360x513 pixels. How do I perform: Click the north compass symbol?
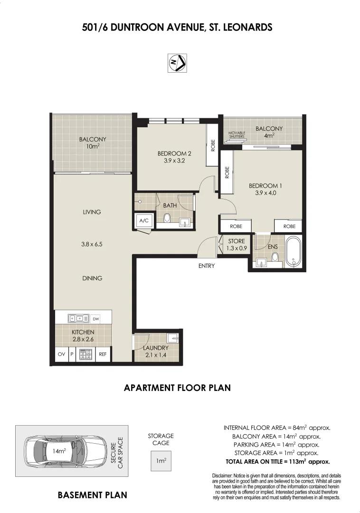click(177, 63)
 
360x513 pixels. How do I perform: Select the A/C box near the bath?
click(144, 220)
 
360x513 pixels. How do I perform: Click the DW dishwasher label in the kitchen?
click(96, 319)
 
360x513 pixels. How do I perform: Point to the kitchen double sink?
click(78, 319)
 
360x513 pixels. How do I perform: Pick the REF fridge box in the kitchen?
click(103, 354)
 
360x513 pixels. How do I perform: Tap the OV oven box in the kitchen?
click(61, 354)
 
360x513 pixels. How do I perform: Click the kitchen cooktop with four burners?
click(85, 354)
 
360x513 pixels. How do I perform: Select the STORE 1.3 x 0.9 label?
click(236, 245)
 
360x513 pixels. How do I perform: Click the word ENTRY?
click(207, 266)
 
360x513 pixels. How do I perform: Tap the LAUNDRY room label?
click(156, 348)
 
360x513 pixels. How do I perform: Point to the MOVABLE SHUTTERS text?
click(237, 135)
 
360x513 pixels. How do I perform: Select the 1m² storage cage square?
click(161, 461)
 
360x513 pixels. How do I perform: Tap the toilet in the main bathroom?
click(167, 218)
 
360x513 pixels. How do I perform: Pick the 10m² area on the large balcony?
click(92, 147)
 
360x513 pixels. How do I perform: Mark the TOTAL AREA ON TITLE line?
click(277, 461)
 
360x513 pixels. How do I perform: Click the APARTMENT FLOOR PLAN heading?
click(177, 388)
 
